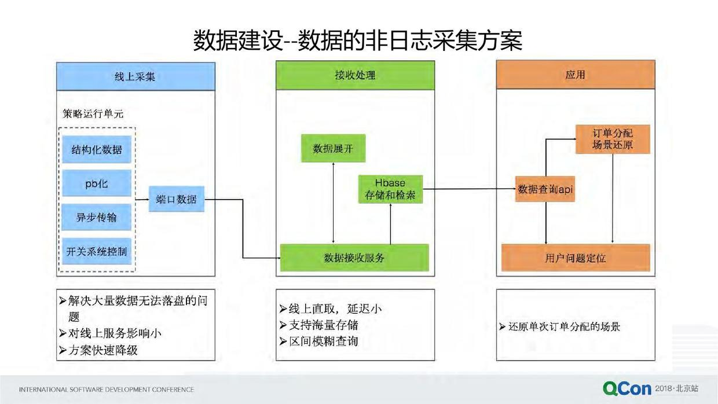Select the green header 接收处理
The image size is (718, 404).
pos(355,75)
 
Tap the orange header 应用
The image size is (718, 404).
pos(575,75)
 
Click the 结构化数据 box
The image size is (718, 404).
pos(97,150)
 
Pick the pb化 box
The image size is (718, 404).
pos(97,184)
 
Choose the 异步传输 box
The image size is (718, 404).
pos(97,218)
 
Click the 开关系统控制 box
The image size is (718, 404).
pos(97,252)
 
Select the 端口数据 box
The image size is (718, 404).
pos(177,200)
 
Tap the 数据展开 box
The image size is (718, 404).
pos(333,149)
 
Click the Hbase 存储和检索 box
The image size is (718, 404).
pos(390,189)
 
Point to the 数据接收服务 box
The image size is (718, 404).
pos(354,258)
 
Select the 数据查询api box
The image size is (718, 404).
pos(545,189)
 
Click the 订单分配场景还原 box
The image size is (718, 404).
pos(613,139)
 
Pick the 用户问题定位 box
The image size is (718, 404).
pos(575,258)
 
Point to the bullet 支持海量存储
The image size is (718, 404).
pos(324,325)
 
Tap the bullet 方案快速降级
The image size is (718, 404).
pos(103,350)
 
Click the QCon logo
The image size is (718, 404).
pos(627,388)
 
